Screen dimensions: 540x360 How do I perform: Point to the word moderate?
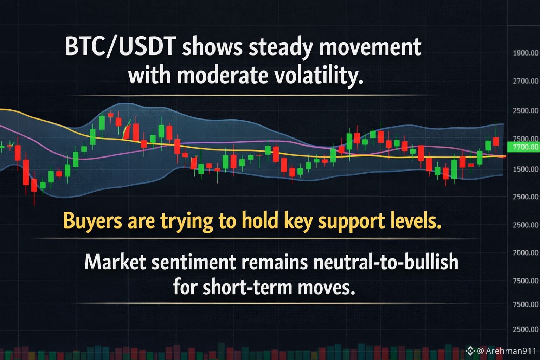click(222, 75)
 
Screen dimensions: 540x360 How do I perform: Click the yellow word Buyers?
click(92, 221)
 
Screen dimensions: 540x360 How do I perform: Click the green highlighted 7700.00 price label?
click(523, 147)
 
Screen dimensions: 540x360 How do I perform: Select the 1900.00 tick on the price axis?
click(526, 53)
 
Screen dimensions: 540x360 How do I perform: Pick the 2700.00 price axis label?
click(526, 81)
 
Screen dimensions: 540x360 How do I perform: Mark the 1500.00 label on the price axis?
click(526, 169)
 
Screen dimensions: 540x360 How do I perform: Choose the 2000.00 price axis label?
click(526, 253)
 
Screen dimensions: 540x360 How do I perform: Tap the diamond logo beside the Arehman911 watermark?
click(470, 351)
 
